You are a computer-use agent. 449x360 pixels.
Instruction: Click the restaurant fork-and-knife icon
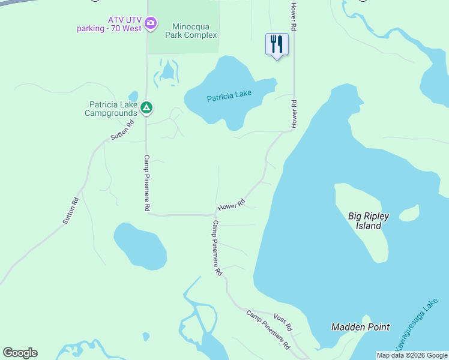277,44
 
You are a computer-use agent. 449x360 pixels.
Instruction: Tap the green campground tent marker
146,108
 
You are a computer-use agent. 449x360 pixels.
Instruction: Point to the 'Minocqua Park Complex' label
194,31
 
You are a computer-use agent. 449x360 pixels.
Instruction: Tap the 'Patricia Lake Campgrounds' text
112,108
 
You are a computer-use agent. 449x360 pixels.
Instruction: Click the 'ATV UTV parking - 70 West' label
109,24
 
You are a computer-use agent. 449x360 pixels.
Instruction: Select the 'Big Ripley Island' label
369,221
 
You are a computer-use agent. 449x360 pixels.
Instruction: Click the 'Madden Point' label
361,327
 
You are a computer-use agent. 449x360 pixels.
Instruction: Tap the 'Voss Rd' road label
282,323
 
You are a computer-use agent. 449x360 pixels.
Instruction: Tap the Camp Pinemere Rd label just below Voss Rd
268,330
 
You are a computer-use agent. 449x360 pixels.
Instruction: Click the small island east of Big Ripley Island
409,213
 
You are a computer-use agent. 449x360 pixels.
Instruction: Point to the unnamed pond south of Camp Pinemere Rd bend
140,246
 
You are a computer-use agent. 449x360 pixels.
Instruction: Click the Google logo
20,353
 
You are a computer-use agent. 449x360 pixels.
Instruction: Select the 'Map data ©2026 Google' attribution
412,355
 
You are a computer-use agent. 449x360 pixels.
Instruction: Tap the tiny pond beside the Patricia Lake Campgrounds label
133,95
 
